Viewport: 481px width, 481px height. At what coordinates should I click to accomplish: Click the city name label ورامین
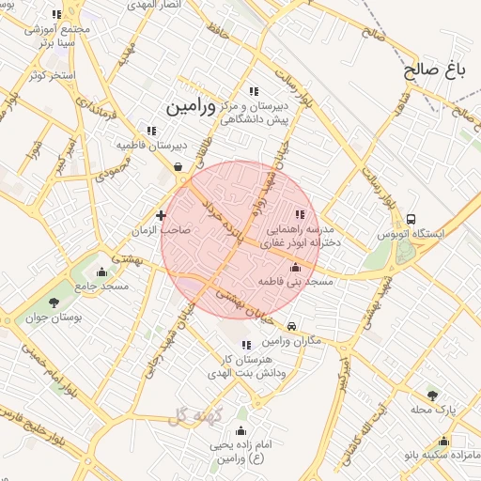(191, 107)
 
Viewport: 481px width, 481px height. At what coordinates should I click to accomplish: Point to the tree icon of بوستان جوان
(53, 303)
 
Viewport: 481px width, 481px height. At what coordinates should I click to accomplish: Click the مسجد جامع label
(94, 285)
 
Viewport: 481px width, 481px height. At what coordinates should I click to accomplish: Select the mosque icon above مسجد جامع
(101, 272)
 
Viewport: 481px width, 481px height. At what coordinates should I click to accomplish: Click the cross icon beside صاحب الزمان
(161, 215)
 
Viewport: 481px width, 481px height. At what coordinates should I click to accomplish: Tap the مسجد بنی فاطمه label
(299, 281)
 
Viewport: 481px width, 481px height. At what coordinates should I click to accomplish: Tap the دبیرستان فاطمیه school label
(152, 146)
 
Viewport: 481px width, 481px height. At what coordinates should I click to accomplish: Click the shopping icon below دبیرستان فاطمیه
(178, 167)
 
